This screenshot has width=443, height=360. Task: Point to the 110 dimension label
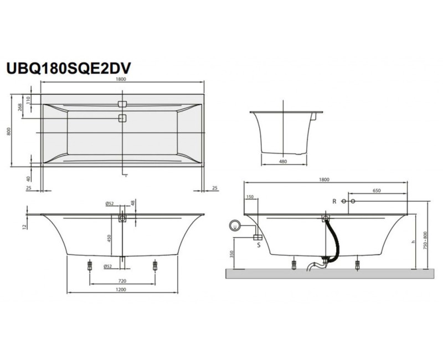tap(29, 99)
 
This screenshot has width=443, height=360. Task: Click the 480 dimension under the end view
tap(283, 162)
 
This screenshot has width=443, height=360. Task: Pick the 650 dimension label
tap(377, 191)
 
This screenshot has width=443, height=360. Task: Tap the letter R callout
tap(334, 200)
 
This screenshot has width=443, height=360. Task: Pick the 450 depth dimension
tap(110, 238)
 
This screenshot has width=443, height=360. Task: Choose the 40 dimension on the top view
tap(29, 178)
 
